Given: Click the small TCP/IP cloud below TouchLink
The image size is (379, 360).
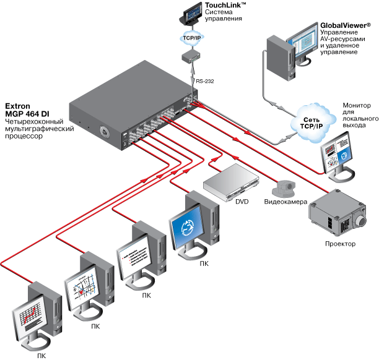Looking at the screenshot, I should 191,38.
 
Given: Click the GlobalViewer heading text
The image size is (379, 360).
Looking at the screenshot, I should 345,25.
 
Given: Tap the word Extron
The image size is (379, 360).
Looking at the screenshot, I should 18,106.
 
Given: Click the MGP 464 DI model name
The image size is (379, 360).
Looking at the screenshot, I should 28,114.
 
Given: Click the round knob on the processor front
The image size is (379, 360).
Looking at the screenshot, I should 103,132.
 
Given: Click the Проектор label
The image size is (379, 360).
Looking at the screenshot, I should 340,244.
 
